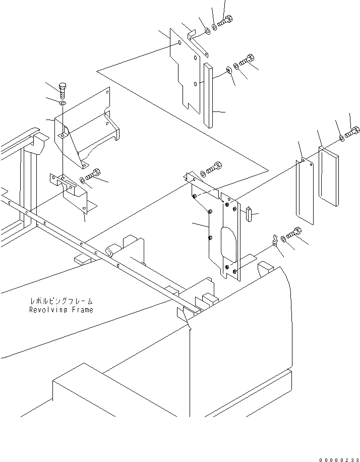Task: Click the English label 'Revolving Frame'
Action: [x=61, y=310]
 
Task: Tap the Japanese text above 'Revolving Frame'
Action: [x=61, y=302]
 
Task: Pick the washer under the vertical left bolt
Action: [x=63, y=103]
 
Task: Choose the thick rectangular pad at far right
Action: [x=328, y=177]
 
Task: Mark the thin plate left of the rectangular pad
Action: [x=305, y=192]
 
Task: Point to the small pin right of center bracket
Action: [x=249, y=214]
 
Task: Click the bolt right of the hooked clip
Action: [x=294, y=234]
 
